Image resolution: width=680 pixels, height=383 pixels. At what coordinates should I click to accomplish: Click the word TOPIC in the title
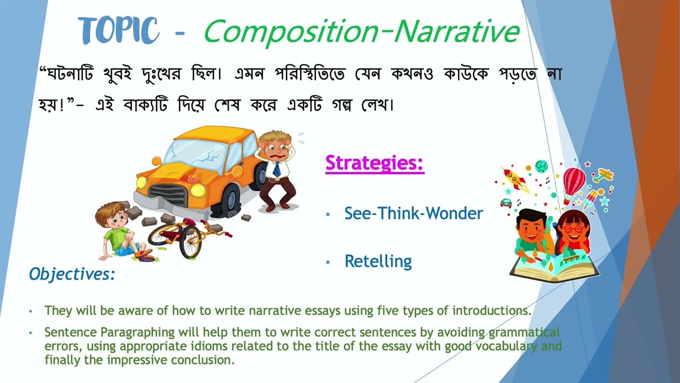pos(118,30)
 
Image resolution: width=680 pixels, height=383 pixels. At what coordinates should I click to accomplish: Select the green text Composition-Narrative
pos(361,31)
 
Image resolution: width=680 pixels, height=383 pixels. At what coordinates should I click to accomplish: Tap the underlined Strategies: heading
pos(375,163)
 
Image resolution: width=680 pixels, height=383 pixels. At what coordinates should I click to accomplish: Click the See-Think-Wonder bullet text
pos(413,213)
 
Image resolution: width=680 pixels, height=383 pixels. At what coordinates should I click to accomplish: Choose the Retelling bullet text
pos(378,261)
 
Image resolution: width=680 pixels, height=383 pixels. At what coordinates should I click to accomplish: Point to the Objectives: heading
pos(72,274)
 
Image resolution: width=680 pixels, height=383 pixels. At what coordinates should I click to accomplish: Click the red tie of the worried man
pos(277,169)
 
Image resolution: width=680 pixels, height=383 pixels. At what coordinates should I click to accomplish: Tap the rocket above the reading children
pos(516,179)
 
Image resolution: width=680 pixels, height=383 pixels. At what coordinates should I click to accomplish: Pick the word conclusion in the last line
pos(202,360)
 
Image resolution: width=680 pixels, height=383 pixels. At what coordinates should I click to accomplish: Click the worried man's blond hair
pos(274,137)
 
